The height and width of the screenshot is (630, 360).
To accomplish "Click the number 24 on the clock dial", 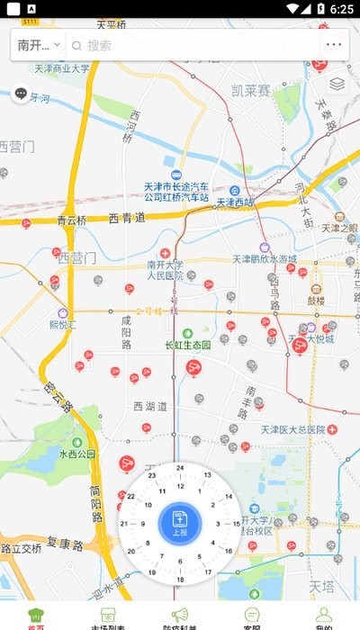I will (x=180, y=468).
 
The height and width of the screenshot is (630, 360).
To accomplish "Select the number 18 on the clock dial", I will (x=180, y=579).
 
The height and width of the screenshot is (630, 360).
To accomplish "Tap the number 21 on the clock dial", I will (x=124, y=524).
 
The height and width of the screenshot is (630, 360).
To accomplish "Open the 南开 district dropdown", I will (x=39, y=44).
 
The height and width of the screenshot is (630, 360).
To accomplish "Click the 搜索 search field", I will (x=189, y=45).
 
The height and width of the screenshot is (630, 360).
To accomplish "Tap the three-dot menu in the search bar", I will (x=334, y=44).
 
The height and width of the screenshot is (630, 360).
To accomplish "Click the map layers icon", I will (x=337, y=85).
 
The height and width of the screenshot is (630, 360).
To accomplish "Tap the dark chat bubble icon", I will (x=21, y=93).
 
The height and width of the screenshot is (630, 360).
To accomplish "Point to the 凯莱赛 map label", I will (x=250, y=90).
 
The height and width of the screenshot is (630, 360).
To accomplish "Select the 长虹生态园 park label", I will (x=187, y=345).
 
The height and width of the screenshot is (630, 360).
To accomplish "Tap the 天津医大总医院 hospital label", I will (x=293, y=429).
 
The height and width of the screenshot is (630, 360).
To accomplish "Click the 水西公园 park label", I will (x=77, y=454).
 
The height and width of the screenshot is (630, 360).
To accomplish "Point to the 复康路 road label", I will (x=65, y=544).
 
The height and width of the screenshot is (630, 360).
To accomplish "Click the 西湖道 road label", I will (x=150, y=407).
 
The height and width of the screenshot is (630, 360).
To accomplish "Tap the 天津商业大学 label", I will (x=62, y=67).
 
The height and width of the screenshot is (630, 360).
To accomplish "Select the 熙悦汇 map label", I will (x=62, y=323).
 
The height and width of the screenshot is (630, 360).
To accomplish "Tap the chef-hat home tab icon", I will (x=36, y=615).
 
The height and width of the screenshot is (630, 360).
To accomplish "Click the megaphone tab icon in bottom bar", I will (x=180, y=615).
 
